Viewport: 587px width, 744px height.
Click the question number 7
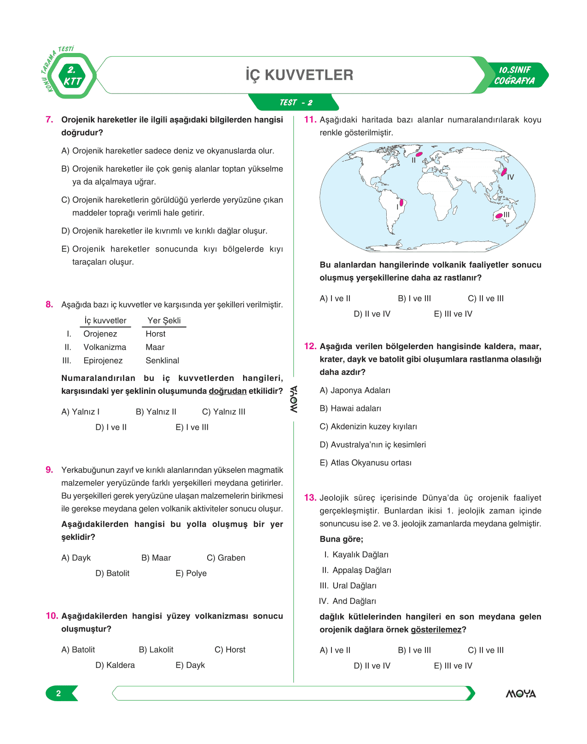pos(50,120)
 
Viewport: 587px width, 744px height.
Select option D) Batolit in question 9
pos(112,574)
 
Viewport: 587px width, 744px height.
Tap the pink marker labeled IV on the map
pos(504,172)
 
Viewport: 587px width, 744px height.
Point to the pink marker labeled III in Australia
pos(499,215)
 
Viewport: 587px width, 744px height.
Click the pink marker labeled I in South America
pos(401,202)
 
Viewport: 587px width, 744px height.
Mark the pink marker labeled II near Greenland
pos(419,154)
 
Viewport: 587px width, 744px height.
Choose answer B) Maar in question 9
pos(156,558)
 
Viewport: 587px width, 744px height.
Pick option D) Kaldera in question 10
pos(115,665)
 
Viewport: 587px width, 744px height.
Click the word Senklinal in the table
pos(162,361)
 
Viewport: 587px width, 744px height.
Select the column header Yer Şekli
pos(164,321)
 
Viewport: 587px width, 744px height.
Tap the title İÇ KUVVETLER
pos(299,75)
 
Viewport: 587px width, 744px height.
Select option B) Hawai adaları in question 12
pos(350,409)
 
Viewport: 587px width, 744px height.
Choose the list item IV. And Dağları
pos(348,601)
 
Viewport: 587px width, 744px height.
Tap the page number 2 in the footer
pos(58,693)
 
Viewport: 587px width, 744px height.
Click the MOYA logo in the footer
pos(521,694)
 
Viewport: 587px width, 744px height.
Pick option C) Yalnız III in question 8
pos(224,412)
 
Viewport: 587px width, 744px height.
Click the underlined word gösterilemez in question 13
pos(436,630)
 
